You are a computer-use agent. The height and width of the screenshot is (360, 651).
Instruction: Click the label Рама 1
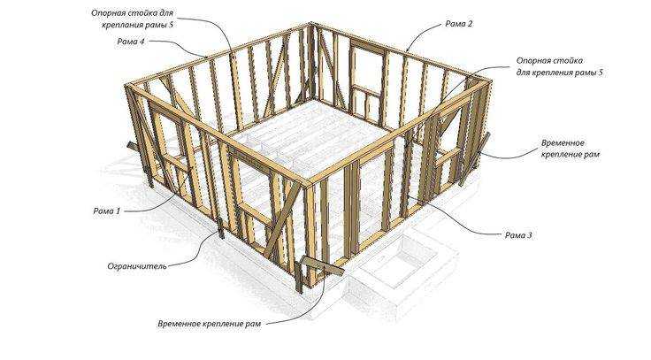coord(107,211)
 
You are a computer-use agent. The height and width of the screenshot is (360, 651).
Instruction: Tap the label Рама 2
coord(459,24)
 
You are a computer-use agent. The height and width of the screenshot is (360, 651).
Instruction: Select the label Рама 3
coord(518,235)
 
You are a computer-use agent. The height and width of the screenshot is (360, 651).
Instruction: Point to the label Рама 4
coord(131,42)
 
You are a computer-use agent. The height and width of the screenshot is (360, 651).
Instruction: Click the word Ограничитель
coord(137,265)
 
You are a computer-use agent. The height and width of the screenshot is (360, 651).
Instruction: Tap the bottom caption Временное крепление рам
coord(210,323)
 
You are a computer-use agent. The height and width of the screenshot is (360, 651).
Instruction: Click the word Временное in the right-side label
coord(563,142)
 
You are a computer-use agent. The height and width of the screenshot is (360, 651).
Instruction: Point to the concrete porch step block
coord(401,264)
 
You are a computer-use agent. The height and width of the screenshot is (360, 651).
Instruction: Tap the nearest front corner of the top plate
coord(310,183)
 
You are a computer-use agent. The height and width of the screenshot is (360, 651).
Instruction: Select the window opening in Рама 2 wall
coord(367,67)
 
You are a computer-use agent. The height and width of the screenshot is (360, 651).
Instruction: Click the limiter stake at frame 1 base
coord(220,227)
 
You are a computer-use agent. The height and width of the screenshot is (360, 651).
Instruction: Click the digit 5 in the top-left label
coord(171,25)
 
